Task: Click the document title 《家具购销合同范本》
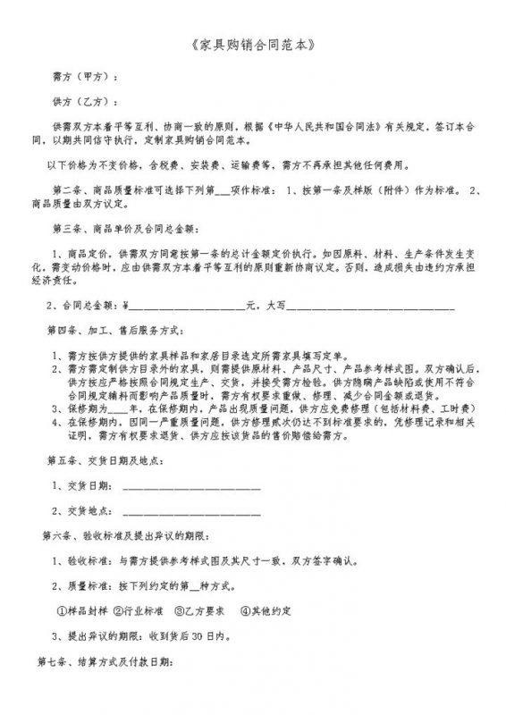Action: [253, 42]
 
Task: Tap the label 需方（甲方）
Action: [84, 78]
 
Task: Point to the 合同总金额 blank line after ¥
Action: [188, 307]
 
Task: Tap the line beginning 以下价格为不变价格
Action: [229, 165]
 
